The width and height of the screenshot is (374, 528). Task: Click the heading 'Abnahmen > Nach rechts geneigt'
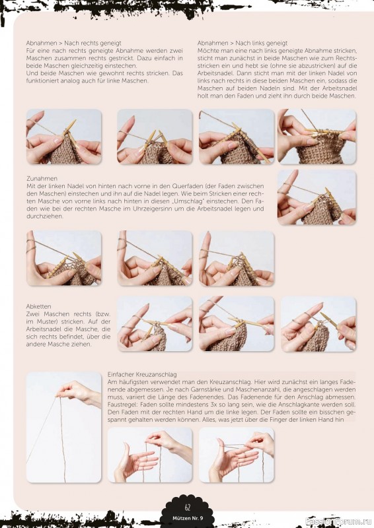pyautogui.click(x=73, y=43)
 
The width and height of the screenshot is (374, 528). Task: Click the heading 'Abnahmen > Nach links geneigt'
pyautogui.click(x=243, y=43)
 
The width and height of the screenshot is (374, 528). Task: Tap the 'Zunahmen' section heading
pyautogui.click(x=42, y=178)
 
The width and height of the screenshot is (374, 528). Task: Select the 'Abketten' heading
pyautogui.click(x=39, y=306)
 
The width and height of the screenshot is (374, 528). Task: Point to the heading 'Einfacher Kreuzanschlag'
pyautogui.click(x=142, y=374)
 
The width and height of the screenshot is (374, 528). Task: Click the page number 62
pyautogui.click(x=187, y=507)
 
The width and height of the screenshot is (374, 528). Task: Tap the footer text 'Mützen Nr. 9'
pyautogui.click(x=188, y=519)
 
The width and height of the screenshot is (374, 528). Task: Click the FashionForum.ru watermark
pyautogui.click(x=338, y=521)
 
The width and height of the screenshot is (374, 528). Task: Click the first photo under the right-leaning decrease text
pyautogui.click(x=63, y=137)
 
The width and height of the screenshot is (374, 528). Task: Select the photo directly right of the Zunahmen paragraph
pyautogui.click(x=317, y=197)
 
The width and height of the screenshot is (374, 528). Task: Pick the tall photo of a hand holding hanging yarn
pyautogui.click(x=63, y=427)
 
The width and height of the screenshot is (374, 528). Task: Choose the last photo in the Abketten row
pyautogui.click(x=318, y=324)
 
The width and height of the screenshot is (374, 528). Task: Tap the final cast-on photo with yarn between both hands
pyautogui.click(x=237, y=455)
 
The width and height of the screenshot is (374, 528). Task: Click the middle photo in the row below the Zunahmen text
pyautogui.click(x=155, y=258)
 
